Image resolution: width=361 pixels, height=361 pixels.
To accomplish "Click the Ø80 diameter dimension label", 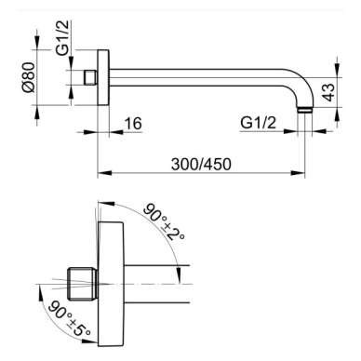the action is pyautogui.click(x=28, y=77).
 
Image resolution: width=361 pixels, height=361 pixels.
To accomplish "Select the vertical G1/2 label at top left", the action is pyautogui.click(x=63, y=38).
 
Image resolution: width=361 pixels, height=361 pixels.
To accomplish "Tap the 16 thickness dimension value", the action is pyautogui.click(x=133, y=124).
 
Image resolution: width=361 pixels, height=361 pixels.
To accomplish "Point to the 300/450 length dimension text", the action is pyautogui.click(x=201, y=164).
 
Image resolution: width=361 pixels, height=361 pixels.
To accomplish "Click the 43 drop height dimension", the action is pyautogui.click(x=329, y=92).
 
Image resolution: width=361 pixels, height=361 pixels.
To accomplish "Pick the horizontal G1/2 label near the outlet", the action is pyautogui.click(x=258, y=123).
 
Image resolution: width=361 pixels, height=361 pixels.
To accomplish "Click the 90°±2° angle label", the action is pyautogui.click(x=164, y=222).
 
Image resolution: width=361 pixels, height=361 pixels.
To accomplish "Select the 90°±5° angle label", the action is pyautogui.click(x=70, y=318).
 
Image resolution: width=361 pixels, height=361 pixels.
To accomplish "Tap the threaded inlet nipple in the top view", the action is pyautogui.click(x=91, y=77).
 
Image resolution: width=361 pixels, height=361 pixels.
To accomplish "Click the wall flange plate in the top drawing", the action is pyautogui.click(x=103, y=77).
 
